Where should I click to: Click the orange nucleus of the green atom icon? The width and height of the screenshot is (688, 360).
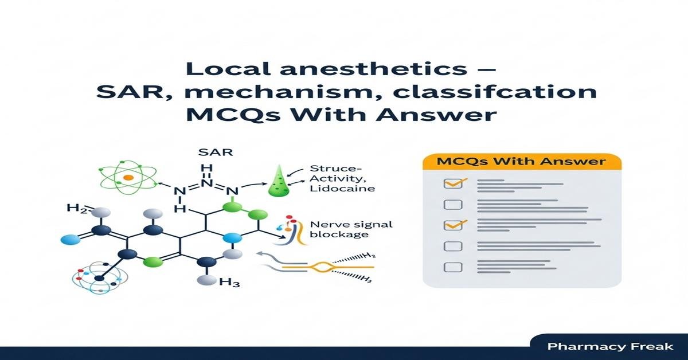point(128,178)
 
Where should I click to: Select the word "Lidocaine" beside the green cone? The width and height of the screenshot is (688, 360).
point(342,188)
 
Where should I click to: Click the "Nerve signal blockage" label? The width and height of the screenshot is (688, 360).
point(342,230)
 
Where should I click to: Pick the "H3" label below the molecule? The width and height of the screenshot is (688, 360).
point(229,281)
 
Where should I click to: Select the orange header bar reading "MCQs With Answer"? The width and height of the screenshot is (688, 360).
point(521,161)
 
